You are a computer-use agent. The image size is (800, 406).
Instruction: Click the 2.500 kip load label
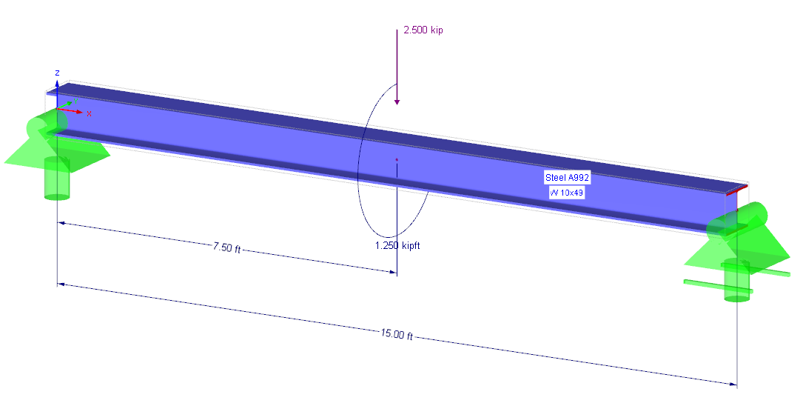[423, 30]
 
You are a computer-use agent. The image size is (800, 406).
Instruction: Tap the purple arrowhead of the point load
[397, 102]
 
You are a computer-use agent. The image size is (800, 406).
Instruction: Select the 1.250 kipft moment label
[397, 246]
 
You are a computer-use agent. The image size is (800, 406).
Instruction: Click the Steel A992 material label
[567, 178]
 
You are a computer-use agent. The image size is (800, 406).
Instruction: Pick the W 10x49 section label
[566, 193]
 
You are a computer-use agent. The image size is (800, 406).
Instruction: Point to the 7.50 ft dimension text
[226, 248]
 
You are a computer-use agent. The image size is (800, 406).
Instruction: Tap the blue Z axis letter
[58, 73]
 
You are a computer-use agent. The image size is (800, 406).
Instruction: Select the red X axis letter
[90, 114]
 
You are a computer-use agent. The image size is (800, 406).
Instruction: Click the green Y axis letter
[75, 101]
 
